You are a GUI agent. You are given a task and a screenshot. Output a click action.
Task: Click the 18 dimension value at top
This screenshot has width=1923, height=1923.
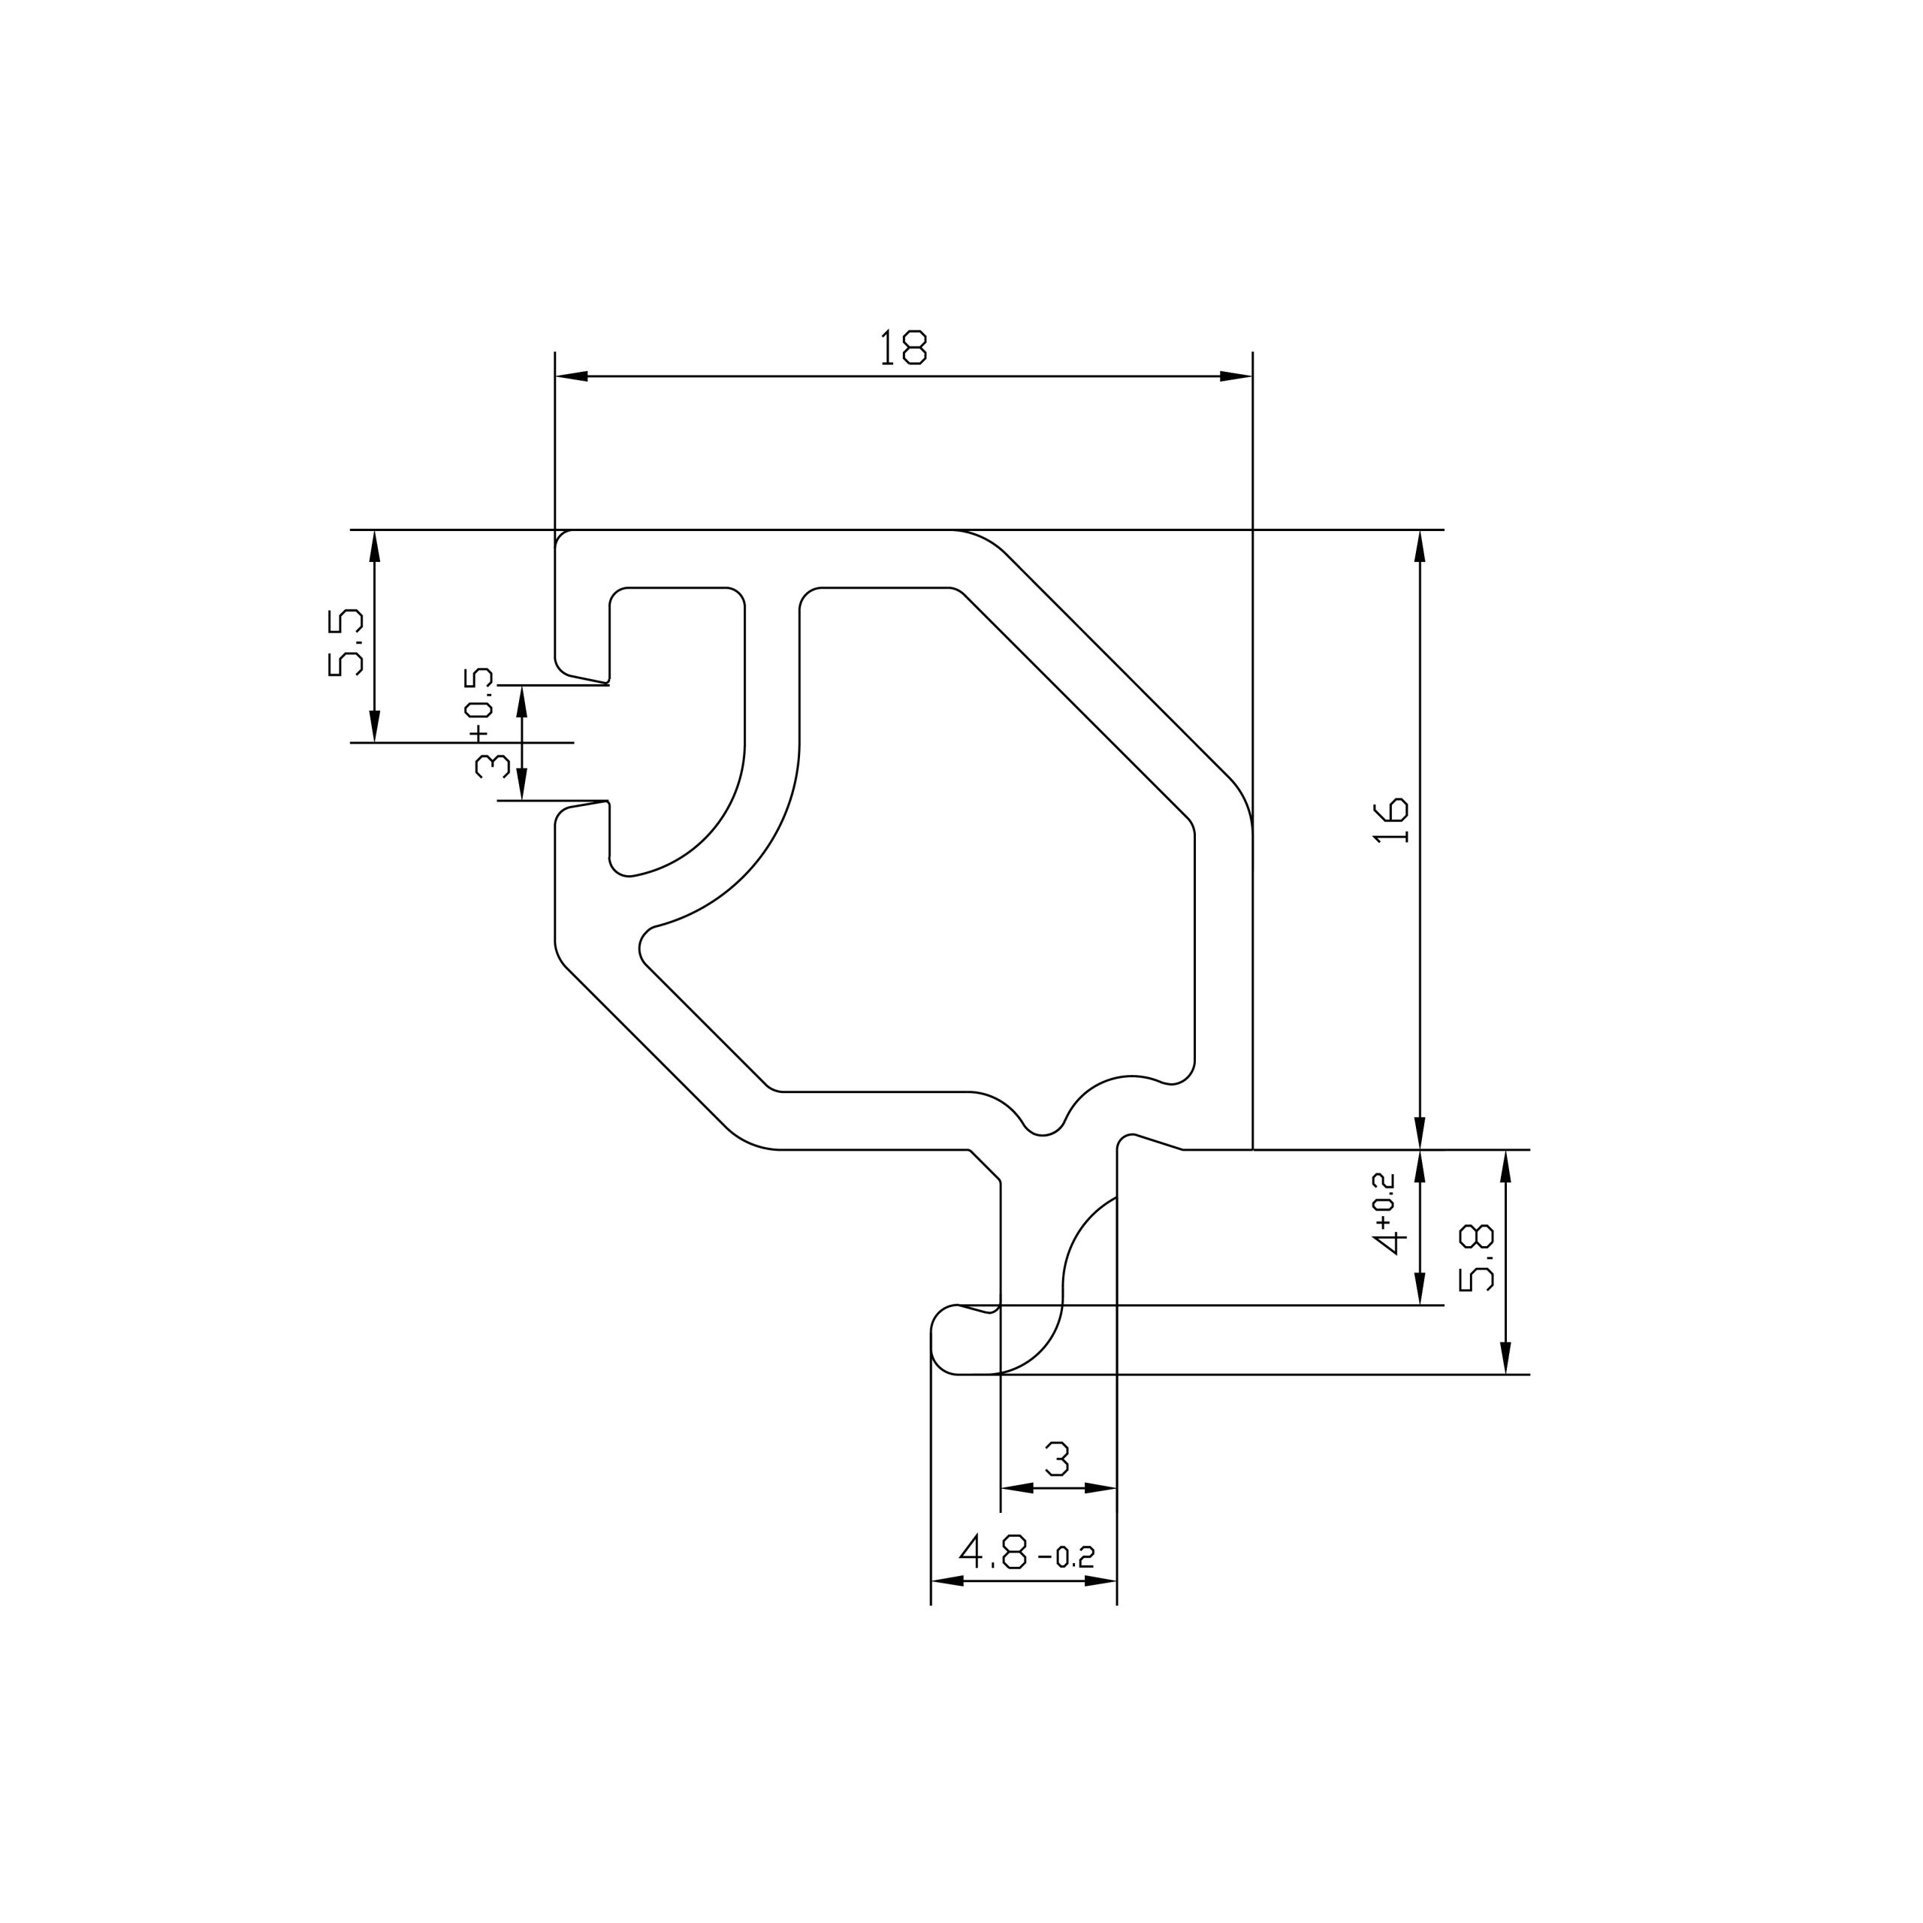(903, 347)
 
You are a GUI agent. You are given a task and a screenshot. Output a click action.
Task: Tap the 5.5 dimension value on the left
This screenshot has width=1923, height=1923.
(346, 644)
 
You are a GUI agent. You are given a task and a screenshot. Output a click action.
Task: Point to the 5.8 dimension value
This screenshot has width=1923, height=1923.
(1476, 1258)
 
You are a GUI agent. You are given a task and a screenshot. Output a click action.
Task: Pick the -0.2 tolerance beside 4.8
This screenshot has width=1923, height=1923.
(1066, 1556)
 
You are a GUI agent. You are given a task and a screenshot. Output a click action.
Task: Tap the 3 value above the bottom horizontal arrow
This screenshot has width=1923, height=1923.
(1057, 1460)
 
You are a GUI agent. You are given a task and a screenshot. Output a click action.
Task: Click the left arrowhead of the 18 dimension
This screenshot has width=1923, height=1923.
(572, 376)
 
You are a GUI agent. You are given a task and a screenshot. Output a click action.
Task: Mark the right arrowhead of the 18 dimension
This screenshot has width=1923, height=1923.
(1235, 376)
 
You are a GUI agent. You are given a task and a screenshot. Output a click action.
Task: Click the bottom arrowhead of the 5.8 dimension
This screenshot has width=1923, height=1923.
(1505, 1357)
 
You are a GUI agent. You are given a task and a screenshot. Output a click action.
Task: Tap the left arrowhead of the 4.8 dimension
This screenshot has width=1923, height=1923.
(947, 1580)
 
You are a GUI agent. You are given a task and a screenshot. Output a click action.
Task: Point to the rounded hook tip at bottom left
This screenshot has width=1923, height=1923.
(946, 1339)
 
